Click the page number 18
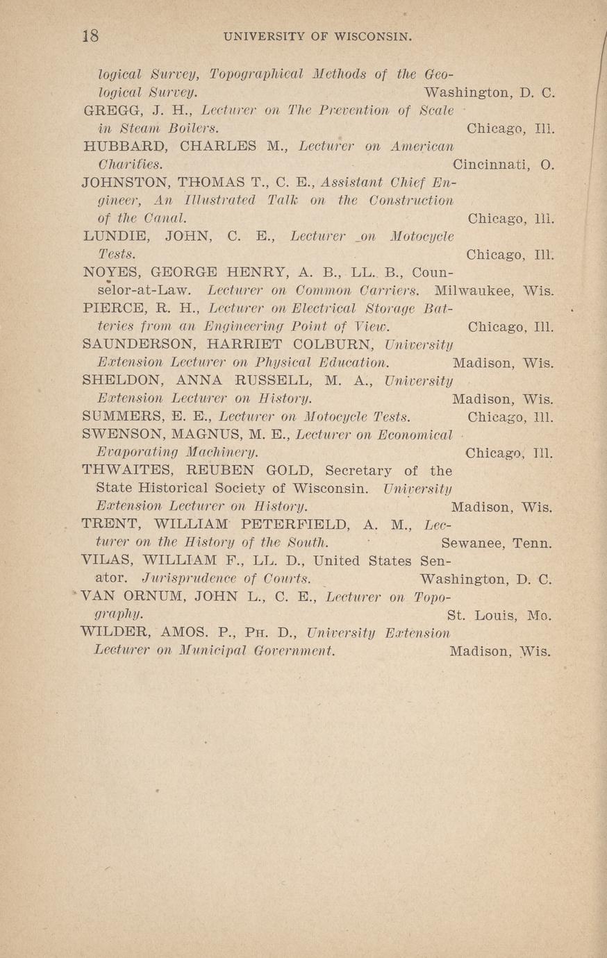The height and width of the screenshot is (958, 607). click(x=90, y=36)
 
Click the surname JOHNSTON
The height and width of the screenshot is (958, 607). click(x=126, y=183)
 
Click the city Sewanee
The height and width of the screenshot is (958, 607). click(x=473, y=543)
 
